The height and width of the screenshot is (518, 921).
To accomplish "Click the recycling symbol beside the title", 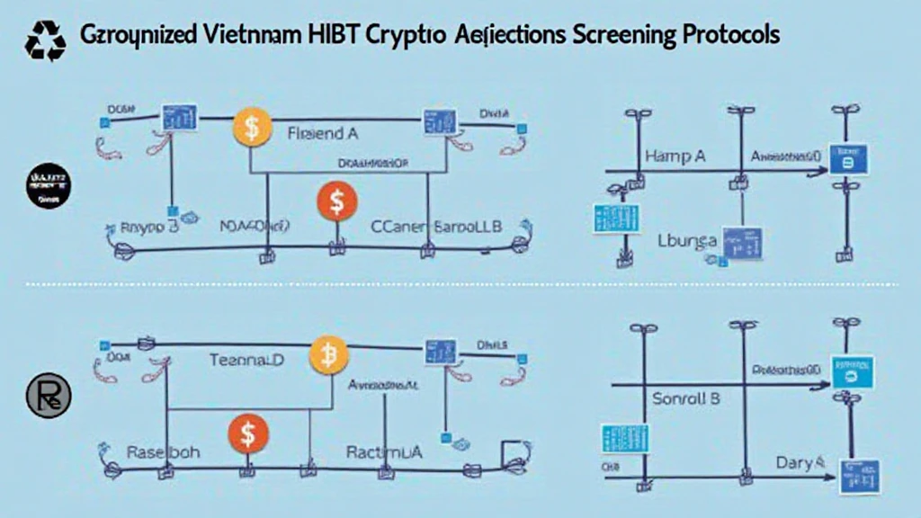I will pos(45,40).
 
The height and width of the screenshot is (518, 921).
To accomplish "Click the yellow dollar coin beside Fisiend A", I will pos(252,128).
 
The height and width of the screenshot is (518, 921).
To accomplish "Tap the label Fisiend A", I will pos(322,134).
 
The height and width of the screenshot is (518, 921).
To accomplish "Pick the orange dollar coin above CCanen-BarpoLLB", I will pos(335,202).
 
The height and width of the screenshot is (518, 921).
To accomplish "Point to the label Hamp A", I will pos(675,156).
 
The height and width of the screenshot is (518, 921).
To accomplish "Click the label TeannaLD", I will pos(246,360).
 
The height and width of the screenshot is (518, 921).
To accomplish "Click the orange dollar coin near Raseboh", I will pos(248,433).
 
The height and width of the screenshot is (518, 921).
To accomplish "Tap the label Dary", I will pos(797,462).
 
